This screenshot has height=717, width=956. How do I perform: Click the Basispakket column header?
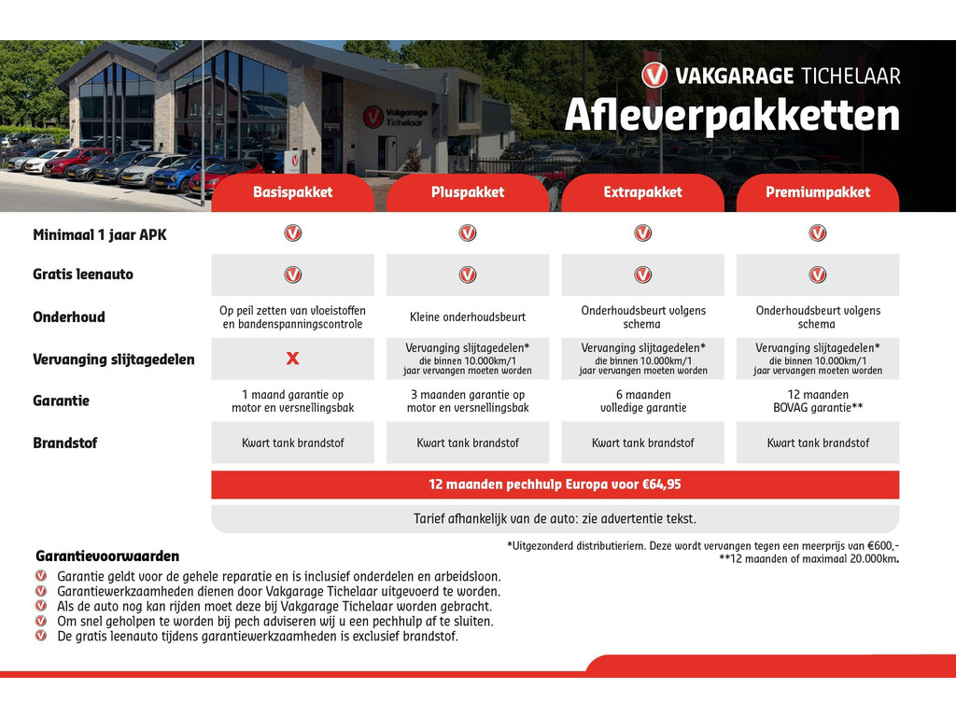[x=292, y=192]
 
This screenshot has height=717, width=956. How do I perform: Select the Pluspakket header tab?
[x=468, y=192]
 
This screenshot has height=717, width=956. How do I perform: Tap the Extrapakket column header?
[x=642, y=192]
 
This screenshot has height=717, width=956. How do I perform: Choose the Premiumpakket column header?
[x=818, y=192]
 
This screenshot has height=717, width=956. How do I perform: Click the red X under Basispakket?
[x=292, y=358]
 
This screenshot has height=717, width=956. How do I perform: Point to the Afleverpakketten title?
[x=732, y=115]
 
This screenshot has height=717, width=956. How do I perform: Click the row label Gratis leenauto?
[x=83, y=274]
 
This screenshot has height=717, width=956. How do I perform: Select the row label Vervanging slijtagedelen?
[x=113, y=359]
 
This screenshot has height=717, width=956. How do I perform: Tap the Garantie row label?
[x=61, y=401]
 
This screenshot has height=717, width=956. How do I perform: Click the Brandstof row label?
[x=64, y=443]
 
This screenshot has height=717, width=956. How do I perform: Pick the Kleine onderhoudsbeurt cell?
[x=468, y=317]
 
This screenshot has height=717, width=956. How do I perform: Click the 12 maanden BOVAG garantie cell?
[x=818, y=401]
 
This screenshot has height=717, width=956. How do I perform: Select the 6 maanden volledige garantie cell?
[x=643, y=401]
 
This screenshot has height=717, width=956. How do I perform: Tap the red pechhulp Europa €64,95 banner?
[x=555, y=485]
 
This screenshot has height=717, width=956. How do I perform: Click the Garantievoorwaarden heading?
[x=107, y=556]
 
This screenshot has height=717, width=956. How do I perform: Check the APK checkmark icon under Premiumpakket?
[x=818, y=232]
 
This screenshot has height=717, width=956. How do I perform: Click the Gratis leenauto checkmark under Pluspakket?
[x=468, y=275]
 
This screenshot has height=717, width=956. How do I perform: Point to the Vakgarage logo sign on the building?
[x=396, y=117]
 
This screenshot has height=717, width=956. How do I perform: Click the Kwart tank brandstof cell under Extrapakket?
[x=642, y=443]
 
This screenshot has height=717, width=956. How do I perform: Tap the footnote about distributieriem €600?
[x=702, y=546]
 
